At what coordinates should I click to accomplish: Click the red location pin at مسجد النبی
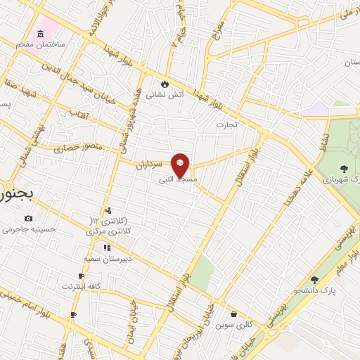click(x=181, y=165)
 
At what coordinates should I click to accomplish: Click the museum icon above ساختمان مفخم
click(x=40, y=34)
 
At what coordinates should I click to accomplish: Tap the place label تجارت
click(x=227, y=124)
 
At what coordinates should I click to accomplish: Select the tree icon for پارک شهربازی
click(x=344, y=168)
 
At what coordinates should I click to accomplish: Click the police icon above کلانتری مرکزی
click(x=108, y=210)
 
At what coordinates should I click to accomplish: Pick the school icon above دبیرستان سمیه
click(x=107, y=247)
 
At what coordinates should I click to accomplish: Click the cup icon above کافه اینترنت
click(x=81, y=276)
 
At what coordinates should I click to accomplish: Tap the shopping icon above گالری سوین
click(x=234, y=314)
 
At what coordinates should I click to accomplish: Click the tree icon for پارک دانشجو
click(x=314, y=280)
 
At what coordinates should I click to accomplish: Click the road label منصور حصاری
click(x=77, y=148)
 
